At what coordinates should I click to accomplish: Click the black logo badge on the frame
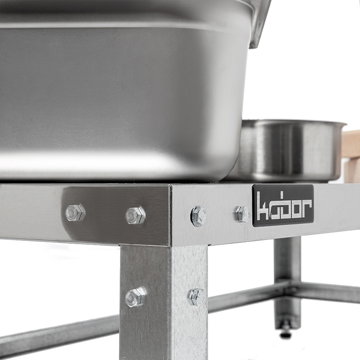click(283, 205)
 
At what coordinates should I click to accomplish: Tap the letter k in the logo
click(263, 205)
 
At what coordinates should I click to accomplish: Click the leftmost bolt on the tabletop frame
click(75, 212)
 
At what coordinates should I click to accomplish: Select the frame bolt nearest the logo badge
click(243, 214)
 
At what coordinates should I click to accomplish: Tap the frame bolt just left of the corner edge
click(135, 215)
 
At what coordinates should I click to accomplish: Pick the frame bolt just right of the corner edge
click(199, 216)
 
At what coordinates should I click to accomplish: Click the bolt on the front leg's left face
click(136, 297)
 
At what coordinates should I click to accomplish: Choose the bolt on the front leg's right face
click(197, 297)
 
